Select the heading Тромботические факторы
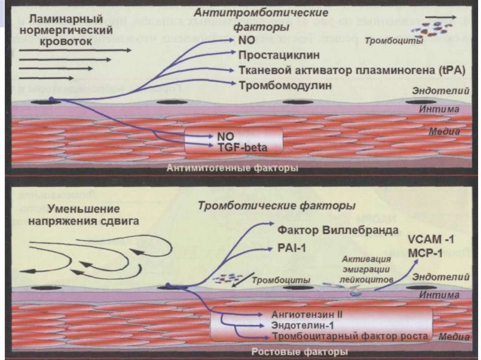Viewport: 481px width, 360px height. click(276, 206)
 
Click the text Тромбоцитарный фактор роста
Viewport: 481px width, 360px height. click(350, 336)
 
